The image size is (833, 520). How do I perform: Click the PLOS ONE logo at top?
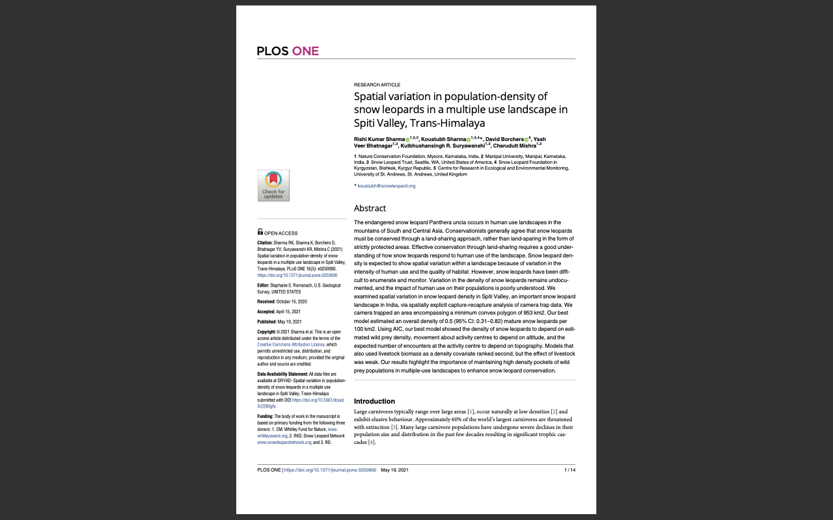(x=288, y=51)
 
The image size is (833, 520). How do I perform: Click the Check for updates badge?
(x=273, y=185)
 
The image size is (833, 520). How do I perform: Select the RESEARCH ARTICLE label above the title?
(x=377, y=85)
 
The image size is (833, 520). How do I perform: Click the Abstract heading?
(x=370, y=209)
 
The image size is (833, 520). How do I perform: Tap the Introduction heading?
(x=374, y=401)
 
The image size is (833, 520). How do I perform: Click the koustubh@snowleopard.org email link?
(x=386, y=186)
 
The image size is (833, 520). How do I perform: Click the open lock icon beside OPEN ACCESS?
(x=260, y=232)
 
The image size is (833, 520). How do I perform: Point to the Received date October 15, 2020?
(x=292, y=302)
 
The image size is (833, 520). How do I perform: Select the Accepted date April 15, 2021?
(x=288, y=311)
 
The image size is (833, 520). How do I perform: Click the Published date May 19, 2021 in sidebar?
(x=289, y=322)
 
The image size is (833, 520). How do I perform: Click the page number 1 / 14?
(x=569, y=470)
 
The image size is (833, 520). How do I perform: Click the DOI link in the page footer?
(x=330, y=470)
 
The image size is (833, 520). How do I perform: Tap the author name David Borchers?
(x=504, y=139)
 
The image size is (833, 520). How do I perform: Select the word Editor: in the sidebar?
(x=264, y=285)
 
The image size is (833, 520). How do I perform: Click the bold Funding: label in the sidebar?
(x=265, y=416)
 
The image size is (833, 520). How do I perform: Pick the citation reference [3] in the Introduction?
(x=394, y=427)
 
